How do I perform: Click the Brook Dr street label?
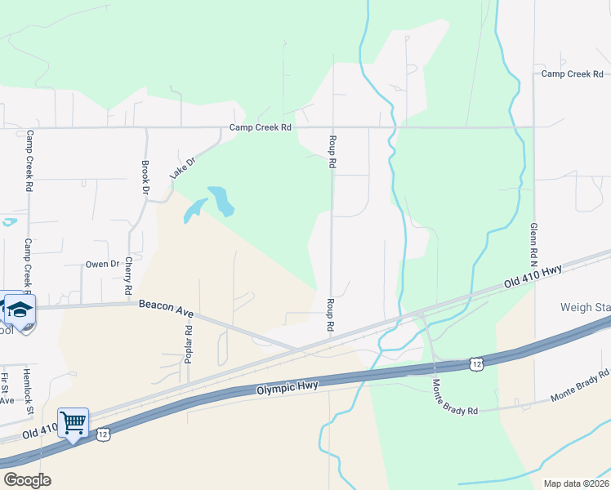pyautogui.click(x=145, y=176)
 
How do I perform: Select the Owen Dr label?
pyautogui.click(x=103, y=264)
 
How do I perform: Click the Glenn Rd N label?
pyautogui.click(x=533, y=245)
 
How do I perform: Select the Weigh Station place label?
pyautogui.click(x=585, y=308)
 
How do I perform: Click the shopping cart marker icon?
pyautogui.click(x=74, y=423)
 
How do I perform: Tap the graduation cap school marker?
pyautogui.click(x=20, y=309)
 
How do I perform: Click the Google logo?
pyautogui.click(x=27, y=480)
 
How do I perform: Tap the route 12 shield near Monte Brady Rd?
pyautogui.click(x=477, y=362)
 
